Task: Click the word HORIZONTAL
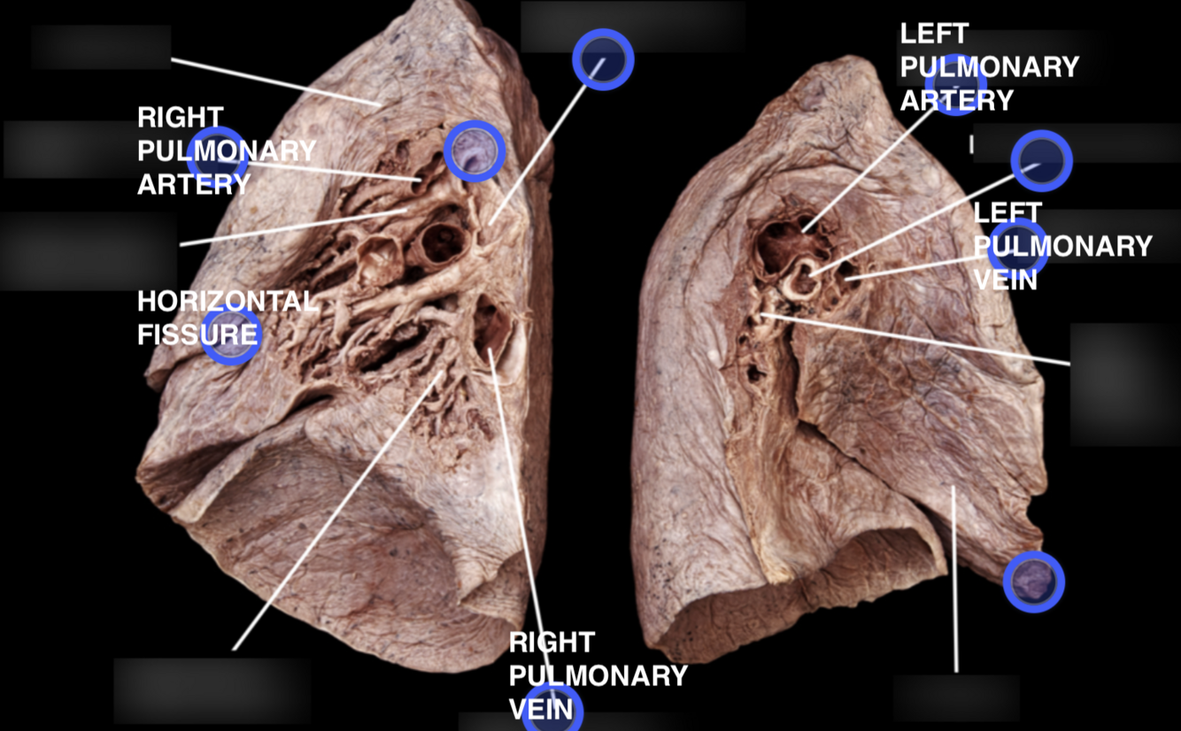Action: click(227, 302)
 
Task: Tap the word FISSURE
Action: click(197, 335)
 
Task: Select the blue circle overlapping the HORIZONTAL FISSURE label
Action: click(231, 335)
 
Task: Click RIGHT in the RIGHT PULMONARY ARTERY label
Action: click(181, 118)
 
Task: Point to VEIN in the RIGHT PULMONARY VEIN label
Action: click(546, 709)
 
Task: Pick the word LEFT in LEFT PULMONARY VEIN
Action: click(1007, 213)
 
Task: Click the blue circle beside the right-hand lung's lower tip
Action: click(1033, 581)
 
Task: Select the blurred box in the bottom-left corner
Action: click(212, 690)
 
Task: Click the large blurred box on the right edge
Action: click(1124, 384)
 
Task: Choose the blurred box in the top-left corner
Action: click(101, 47)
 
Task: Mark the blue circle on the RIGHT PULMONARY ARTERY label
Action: click(217, 157)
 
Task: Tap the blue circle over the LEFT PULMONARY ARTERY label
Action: click(955, 85)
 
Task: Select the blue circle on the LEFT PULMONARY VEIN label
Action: click(1017, 249)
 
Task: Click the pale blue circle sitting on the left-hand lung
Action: click(475, 151)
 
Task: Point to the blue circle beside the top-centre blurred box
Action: click(603, 59)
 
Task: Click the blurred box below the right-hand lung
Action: click(956, 698)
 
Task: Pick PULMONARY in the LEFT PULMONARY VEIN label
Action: click(1062, 246)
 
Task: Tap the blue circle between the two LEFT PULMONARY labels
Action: click(1041, 161)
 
